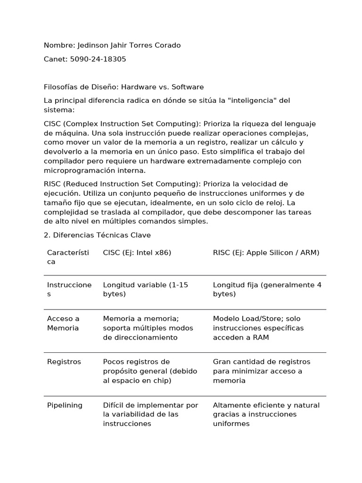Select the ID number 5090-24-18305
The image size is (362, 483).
point(98,59)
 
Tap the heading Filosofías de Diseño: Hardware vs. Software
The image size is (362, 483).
point(123,87)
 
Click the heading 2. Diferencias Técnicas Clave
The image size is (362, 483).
point(97,235)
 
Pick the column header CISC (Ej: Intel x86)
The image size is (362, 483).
point(137,252)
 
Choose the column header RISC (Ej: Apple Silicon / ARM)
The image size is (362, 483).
point(266,252)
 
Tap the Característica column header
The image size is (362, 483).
point(68,257)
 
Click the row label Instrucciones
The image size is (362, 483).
point(69,289)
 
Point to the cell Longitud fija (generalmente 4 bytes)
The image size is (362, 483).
point(267,289)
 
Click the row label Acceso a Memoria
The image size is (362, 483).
point(63,323)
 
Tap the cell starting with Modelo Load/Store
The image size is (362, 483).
point(258,328)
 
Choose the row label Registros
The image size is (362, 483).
point(64,362)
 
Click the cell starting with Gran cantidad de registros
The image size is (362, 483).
point(262,371)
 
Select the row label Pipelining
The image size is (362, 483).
point(65,405)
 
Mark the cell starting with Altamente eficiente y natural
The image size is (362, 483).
point(266,414)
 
